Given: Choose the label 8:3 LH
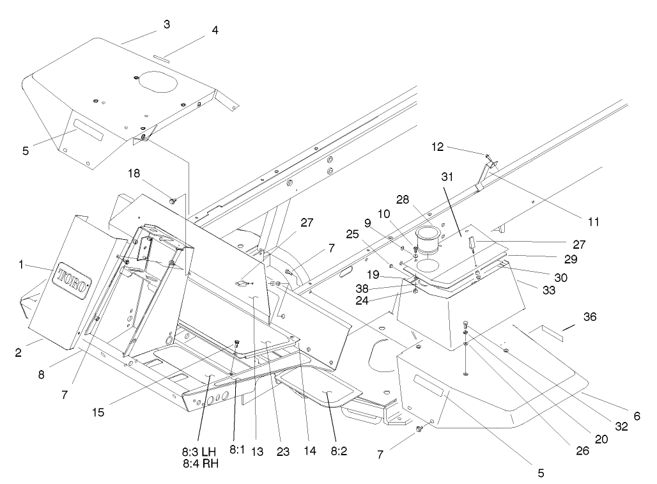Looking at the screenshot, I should coord(200,451).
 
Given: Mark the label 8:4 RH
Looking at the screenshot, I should coord(200,464).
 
